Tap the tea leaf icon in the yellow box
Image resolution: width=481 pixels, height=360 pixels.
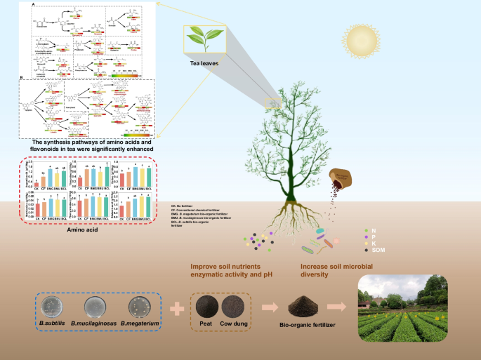[202, 40]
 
